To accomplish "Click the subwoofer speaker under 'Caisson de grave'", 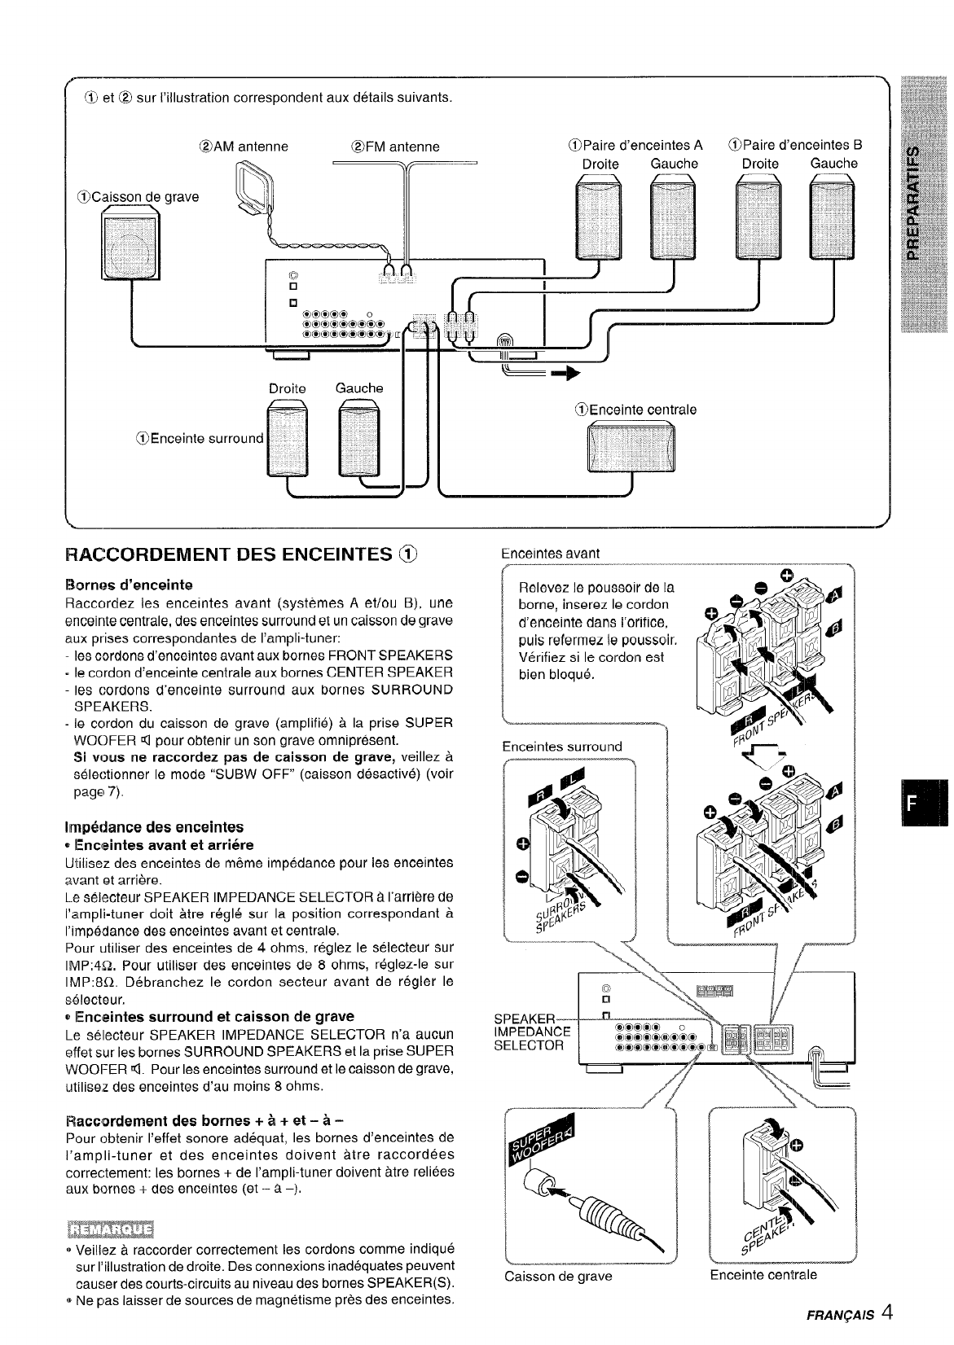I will point(130,243).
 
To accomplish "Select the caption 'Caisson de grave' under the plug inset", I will point(558,1276).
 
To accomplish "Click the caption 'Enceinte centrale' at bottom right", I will point(763,1274).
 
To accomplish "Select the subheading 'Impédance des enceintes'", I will point(154,826).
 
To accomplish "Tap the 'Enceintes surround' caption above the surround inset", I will point(562,746).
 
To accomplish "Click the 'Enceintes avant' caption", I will point(550,553).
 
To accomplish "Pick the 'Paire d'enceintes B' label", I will point(794,146).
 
